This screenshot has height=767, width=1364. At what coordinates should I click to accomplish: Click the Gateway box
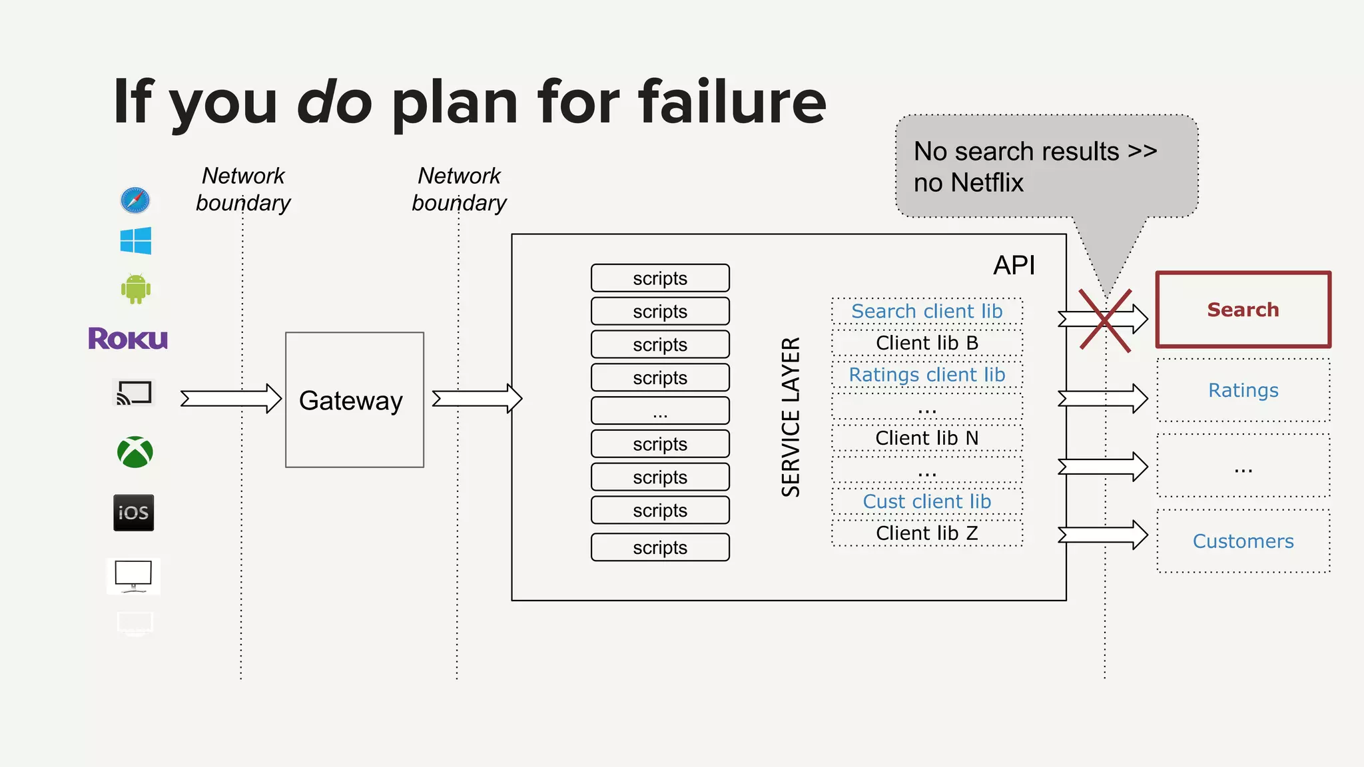click(354, 399)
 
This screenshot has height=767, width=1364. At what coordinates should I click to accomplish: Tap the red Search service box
click(1243, 310)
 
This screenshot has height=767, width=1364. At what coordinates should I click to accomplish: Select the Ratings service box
click(1243, 390)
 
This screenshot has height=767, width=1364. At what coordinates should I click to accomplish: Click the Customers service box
click(1243, 541)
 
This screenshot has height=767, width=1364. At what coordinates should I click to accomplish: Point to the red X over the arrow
click(1105, 320)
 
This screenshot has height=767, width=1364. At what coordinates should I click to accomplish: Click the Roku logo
click(128, 338)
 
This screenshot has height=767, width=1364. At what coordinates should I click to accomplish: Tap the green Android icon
click(136, 289)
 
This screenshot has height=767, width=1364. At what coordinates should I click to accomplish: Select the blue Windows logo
click(136, 240)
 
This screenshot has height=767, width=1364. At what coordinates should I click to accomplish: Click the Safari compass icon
click(135, 200)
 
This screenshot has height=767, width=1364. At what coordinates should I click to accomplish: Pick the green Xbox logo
click(135, 452)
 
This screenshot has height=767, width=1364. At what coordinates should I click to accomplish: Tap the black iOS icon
click(134, 513)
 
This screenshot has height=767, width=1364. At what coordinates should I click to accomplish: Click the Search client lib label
click(926, 311)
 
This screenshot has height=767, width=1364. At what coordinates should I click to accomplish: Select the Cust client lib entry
click(926, 501)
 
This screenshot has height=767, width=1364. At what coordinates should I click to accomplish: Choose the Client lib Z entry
click(926, 533)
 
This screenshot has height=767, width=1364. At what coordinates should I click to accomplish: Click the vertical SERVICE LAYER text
click(791, 417)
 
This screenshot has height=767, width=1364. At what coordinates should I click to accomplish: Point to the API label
click(1014, 266)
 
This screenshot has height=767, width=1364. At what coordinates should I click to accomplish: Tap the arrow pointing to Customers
click(1103, 535)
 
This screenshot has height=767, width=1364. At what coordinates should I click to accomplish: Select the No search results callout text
click(1034, 166)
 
